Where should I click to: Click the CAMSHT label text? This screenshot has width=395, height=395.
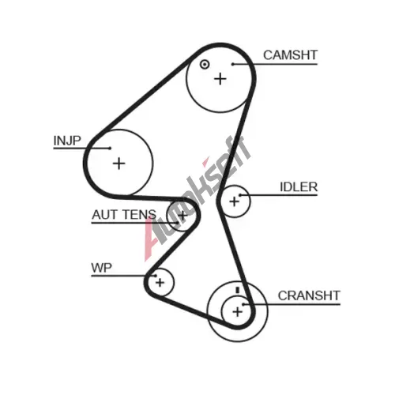tap(290, 55)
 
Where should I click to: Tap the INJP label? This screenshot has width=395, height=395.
tap(67, 141)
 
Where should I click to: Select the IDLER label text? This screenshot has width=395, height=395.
tap(299, 187)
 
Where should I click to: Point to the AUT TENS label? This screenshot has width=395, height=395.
tap(124, 214)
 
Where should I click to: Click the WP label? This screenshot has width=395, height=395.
tap(101, 268)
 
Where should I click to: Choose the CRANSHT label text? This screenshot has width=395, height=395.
tap(309, 295)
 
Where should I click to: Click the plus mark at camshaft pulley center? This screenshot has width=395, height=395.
tap(220, 79)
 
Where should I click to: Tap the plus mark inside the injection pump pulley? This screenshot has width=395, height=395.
tap(119, 164)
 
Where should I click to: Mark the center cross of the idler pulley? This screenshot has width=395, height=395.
tap(234, 201)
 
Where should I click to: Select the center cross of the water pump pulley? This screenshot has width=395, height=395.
tap(160, 283)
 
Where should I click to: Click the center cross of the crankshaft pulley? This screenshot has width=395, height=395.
tap(238, 312)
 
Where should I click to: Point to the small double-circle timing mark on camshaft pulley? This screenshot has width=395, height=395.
tap(205, 65)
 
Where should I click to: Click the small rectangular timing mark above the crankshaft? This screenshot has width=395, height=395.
tap(238, 290)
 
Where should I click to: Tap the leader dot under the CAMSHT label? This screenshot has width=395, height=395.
tap(233, 64)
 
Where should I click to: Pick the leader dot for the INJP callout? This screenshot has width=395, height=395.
tap(110, 149)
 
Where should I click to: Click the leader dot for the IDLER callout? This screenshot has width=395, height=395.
tap(240, 195)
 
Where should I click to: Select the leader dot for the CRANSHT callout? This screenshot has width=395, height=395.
tap(243, 304)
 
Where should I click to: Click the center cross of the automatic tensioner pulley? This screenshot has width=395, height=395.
tap(182, 216)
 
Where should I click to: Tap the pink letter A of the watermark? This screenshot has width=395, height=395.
tap(152, 239)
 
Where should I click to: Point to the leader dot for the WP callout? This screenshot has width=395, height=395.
tap(156, 276)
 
